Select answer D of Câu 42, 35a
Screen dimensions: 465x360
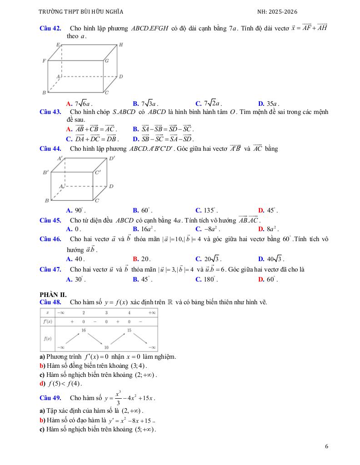click(x=268, y=104)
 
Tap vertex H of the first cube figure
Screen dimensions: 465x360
click(x=120, y=45)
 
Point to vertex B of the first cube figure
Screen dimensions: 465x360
click(x=44, y=93)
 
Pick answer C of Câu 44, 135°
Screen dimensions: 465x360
click(x=206, y=210)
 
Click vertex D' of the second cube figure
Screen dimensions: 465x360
click(x=112, y=158)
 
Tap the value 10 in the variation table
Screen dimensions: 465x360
click(x=106, y=347)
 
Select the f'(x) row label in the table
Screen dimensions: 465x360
click(x=47, y=321)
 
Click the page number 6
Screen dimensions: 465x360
click(x=326, y=446)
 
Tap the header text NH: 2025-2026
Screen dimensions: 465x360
click(x=277, y=12)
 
